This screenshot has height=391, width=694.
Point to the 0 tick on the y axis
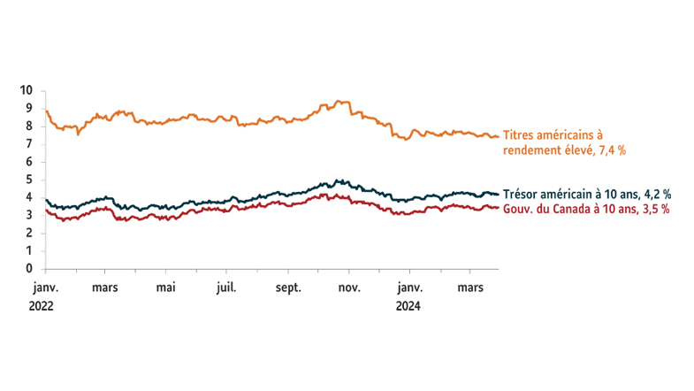[x=29, y=269]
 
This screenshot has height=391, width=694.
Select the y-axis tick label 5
[x=29, y=180]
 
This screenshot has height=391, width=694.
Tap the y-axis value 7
[x=29, y=144]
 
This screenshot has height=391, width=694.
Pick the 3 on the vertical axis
[x=29, y=216]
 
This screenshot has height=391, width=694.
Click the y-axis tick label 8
[x=29, y=126]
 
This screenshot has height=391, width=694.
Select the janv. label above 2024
[x=408, y=287]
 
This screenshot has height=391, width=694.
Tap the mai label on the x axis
[x=166, y=287]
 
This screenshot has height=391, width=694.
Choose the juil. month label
[x=226, y=287]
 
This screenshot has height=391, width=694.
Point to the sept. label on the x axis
[x=288, y=287]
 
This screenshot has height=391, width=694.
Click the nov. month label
[x=349, y=287]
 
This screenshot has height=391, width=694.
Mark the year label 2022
[x=42, y=306]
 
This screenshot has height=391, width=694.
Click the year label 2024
[x=408, y=306]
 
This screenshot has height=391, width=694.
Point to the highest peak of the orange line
[x=343, y=101]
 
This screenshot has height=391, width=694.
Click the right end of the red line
[x=498, y=208]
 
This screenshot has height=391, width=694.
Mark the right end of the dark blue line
[x=498, y=194]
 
